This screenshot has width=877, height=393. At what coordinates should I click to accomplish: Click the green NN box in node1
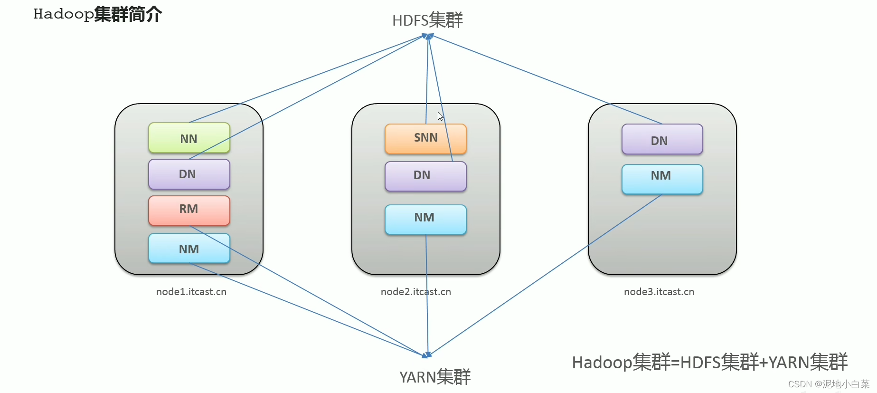pyautogui.click(x=189, y=138)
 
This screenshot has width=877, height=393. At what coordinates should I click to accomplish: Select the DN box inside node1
pyautogui.click(x=189, y=174)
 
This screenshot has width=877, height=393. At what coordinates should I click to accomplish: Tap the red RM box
pyautogui.click(x=189, y=211)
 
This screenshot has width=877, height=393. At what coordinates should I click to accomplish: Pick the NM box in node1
pyautogui.click(x=189, y=248)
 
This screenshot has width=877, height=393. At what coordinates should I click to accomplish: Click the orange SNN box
pyautogui.click(x=425, y=139)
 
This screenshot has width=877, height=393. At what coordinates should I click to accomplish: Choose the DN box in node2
pyautogui.click(x=425, y=176)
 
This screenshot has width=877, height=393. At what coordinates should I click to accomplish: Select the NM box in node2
pyautogui.click(x=425, y=220)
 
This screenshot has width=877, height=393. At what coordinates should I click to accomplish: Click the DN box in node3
pyautogui.click(x=662, y=139)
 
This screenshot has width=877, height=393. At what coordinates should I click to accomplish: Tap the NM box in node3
pyautogui.click(x=662, y=179)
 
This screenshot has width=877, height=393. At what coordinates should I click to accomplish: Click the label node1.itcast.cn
pyautogui.click(x=191, y=292)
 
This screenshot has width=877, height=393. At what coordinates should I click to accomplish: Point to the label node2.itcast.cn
pyautogui.click(x=416, y=292)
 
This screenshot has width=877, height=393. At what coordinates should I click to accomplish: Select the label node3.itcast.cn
pyautogui.click(x=659, y=292)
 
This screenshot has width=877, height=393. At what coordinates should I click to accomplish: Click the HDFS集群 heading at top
pyautogui.click(x=427, y=20)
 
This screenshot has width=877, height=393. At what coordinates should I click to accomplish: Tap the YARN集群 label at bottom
pyautogui.click(x=435, y=377)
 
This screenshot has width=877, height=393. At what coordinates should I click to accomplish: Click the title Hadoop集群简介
pyautogui.click(x=98, y=14)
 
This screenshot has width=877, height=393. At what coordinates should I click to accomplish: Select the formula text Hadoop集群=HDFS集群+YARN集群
pyautogui.click(x=710, y=362)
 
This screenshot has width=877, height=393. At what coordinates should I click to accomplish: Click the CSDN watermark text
pyautogui.click(x=829, y=384)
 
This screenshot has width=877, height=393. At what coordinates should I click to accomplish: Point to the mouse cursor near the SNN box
pyautogui.click(x=440, y=116)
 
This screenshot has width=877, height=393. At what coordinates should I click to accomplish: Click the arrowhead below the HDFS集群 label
pyautogui.click(x=428, y=36)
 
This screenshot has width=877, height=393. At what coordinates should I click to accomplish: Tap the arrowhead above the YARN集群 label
pyautogui.click(x=427, y=355)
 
